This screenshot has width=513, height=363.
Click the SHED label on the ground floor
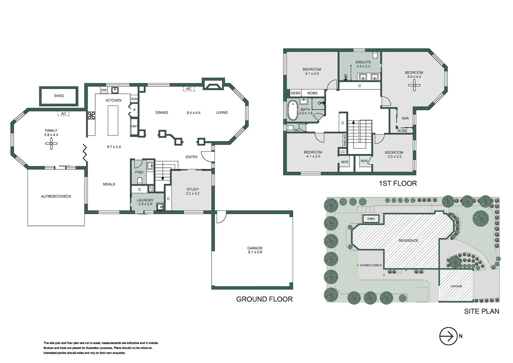tap(59, 96)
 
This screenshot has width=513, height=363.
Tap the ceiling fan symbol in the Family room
tap(51, 145)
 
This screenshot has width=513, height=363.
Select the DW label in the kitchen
tap(104, 90)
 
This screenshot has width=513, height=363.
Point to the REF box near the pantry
tap(134, 126)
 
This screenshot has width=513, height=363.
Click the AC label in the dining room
tap(189, 89)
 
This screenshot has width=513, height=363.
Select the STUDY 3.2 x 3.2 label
tap(193, 191)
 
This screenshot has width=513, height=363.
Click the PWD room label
tap(139, 172)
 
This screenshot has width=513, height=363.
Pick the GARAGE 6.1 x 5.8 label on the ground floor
tap(255, 250)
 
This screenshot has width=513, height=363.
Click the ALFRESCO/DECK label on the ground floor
tap(56, 196)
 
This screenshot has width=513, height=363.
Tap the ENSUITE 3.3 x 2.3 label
tap(363, 64)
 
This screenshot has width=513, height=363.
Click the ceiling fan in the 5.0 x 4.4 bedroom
tap(414, 86)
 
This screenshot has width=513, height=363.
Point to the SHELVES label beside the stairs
tap(344, 140)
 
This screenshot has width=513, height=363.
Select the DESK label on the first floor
tap(295, 93)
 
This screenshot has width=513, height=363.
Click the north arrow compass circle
tap(449, 336)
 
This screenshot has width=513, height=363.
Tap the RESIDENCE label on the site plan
tap(408, 241)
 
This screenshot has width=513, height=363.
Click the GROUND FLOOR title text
tap(264, 299)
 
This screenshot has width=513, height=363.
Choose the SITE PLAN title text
tap(481, 311)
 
